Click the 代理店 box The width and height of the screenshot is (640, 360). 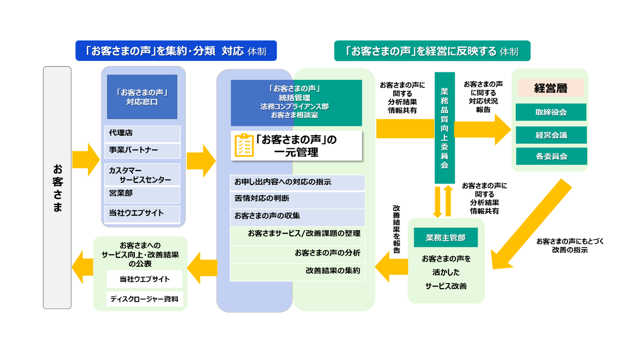[x=142, y=133]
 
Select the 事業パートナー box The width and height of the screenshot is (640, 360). [x=142, y=150]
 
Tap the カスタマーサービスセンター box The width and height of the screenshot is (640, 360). [x=142, y=175]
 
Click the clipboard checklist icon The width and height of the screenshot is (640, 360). [x=244, y=145]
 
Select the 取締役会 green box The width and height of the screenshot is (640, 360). [x=551, y=112]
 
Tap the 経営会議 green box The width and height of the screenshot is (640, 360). [x=551, y=135]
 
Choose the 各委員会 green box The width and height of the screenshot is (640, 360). [x=551, y=156]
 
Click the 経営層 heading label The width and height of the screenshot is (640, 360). [x=551, y=88]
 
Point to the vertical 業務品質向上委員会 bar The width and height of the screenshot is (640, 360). [x=444, y=128]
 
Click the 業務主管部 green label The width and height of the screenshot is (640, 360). [x=446, y=238]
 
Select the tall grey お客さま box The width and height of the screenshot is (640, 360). [x=57, y=187]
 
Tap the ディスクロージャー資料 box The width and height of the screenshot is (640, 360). [x=144, y=299]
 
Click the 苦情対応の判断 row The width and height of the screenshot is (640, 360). [x=298, y=199]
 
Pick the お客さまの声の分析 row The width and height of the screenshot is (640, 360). [x=298, y=253]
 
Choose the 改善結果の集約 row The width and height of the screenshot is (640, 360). [x=298, y=271]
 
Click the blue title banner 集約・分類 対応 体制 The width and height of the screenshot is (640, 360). [x=176, y=51]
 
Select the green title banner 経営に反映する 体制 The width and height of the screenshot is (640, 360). [x=432, y=51]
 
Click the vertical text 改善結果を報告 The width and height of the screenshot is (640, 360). [x=396, y=229]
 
